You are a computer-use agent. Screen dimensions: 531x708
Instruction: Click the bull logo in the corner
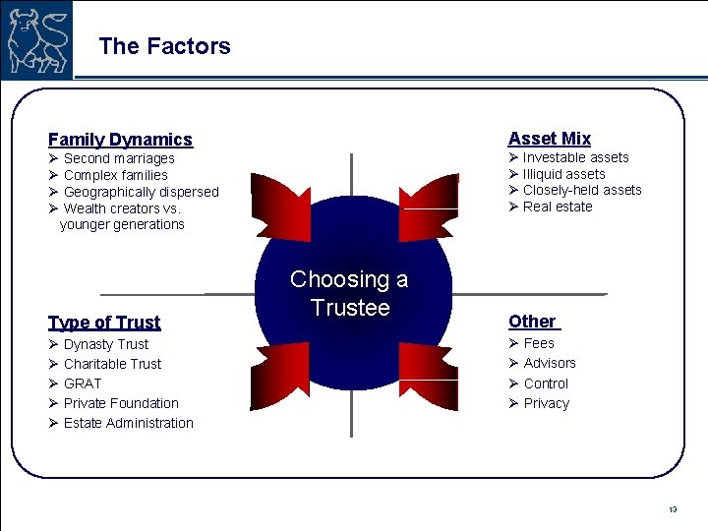pos(37,38)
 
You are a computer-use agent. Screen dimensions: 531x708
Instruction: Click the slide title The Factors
pos(164,46)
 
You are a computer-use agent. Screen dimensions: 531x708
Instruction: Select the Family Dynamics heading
pos(120,140)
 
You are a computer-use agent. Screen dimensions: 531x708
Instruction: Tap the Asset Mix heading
pos(549,139)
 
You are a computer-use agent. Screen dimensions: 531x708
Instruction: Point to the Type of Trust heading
pos(104,323)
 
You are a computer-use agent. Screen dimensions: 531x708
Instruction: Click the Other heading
pos(532,322)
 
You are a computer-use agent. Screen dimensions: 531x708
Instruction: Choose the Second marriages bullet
pos(118,158)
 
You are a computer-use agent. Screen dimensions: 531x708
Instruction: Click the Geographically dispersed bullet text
pos(141,192)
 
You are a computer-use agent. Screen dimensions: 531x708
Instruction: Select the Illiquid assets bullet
pos(563,174)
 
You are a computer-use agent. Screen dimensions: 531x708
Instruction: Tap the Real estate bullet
pos(557,206)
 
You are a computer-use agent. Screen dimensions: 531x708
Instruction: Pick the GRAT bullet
pos(83,383)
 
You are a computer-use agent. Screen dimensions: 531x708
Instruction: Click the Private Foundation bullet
pos(121,403)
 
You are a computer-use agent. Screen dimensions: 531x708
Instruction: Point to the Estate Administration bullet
pos(128,423)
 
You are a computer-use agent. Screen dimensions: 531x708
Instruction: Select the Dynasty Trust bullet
pos(105,344)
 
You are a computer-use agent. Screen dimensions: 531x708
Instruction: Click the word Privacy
pos(546,403)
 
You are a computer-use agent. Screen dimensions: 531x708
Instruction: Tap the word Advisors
pos(550,363)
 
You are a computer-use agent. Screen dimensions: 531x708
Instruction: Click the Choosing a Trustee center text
pos(349,293)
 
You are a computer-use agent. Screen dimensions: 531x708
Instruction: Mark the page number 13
pos(673,509)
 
